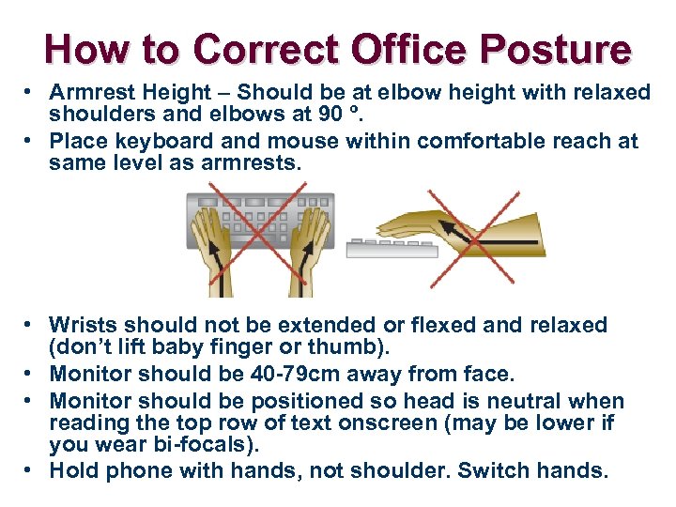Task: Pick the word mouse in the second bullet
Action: pyautogui.click(x=303, y=142)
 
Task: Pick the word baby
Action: pyautogui.click(x=159, y=348)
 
